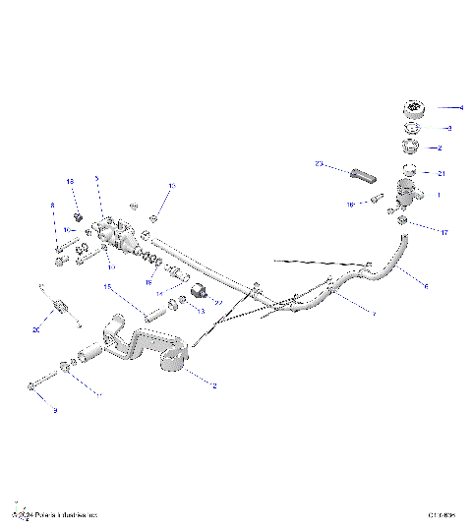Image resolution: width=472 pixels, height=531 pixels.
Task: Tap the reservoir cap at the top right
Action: pos(409,109)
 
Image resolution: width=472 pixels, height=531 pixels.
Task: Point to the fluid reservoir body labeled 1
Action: pos(404,191)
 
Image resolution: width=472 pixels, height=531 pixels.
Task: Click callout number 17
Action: pos(443,233)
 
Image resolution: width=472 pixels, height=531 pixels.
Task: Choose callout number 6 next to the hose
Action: pos(426,286)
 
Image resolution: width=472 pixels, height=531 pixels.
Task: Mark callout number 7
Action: pos(374,313)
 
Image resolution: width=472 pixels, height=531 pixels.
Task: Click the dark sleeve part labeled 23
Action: pos(362,177)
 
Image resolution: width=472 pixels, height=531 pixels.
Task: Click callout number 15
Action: pos(109,287)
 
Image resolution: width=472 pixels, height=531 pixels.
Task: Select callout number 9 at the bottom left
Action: pos(55,409)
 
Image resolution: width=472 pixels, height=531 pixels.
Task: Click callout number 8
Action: pos(52,206)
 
